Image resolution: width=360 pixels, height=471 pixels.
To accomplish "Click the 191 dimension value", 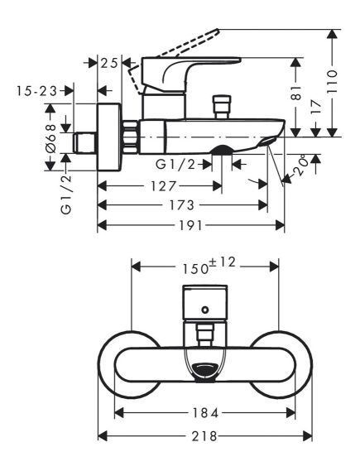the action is point(190,225).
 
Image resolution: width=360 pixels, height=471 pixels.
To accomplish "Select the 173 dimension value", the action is point(182,205).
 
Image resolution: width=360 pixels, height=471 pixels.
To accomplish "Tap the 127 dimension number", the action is point(163,186).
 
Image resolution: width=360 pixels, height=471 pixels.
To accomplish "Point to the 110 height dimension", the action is point(332,82).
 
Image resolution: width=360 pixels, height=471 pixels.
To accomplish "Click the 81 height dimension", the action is point(296,93).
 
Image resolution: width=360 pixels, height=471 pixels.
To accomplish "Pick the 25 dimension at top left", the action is point(109,64).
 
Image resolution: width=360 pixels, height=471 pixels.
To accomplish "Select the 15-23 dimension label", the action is point(36,91).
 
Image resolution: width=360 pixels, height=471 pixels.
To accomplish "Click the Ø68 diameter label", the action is point(51,139).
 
